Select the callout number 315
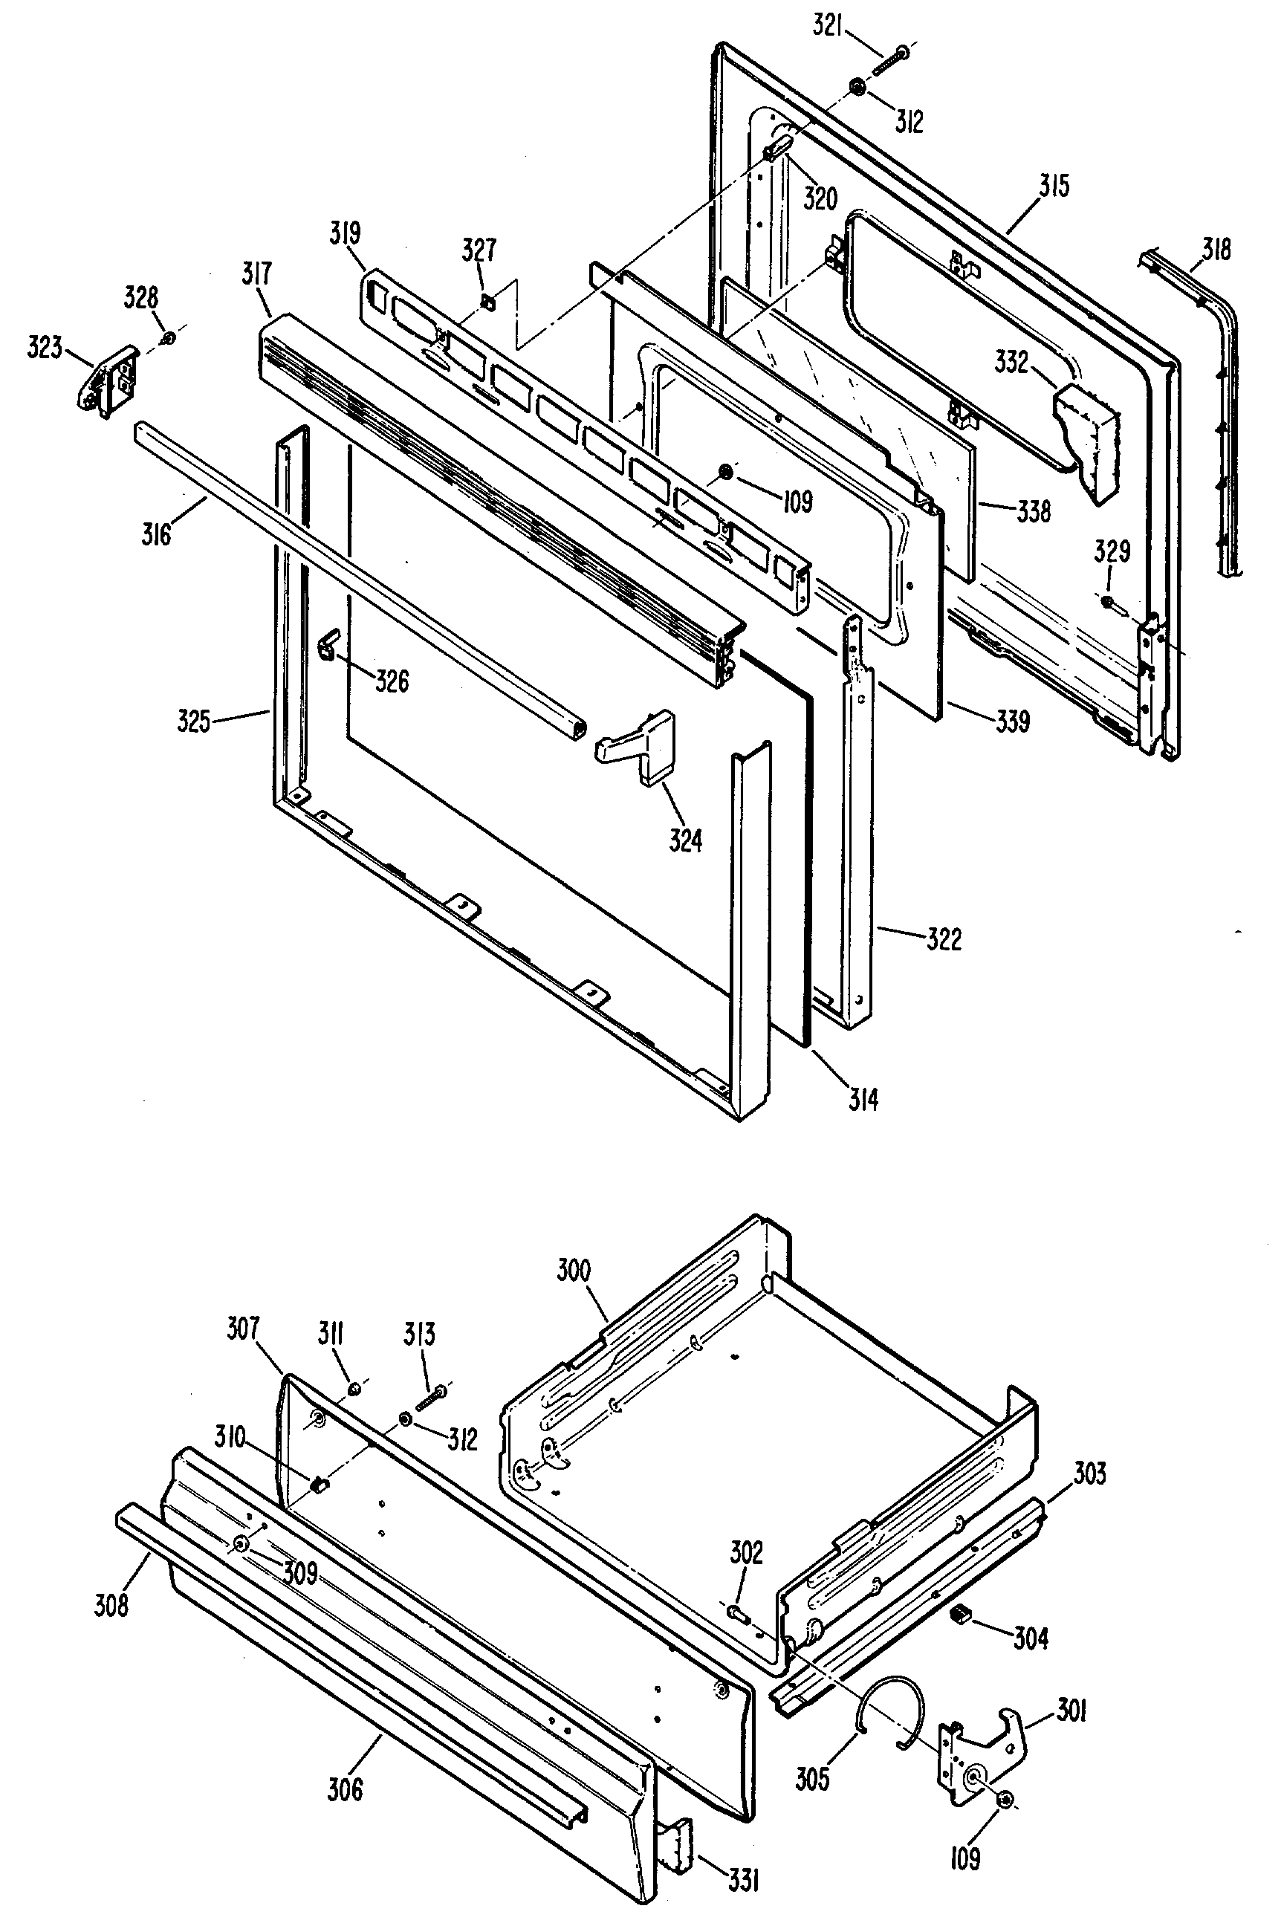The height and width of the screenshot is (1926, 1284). pos(1054,186)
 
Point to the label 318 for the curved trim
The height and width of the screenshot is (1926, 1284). pos(1216,248)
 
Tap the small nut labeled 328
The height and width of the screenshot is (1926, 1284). pos(167,337)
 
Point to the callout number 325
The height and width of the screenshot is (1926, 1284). pos(194,722)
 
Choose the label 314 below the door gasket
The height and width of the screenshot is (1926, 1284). pos(863,1100)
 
